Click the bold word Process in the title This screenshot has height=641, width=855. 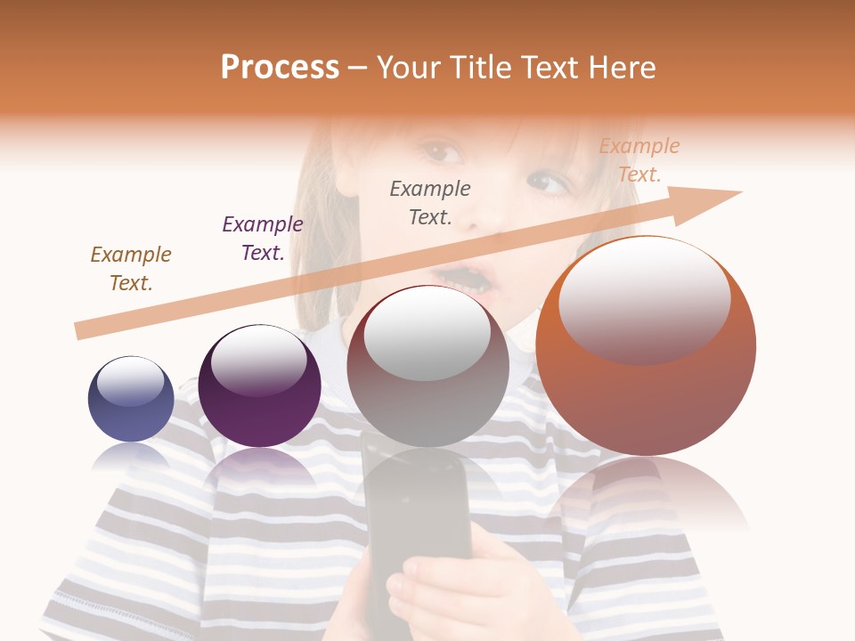point(280,68)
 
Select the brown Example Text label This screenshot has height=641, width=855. point(131,269)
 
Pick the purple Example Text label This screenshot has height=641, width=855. point(263,239)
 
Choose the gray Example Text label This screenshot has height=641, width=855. point(430,202)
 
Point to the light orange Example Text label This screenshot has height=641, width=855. point(639,160)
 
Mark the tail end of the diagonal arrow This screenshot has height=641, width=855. point(78,331)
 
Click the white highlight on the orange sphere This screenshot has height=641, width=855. point(644,298)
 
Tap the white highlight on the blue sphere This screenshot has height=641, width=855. point(130,382)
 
